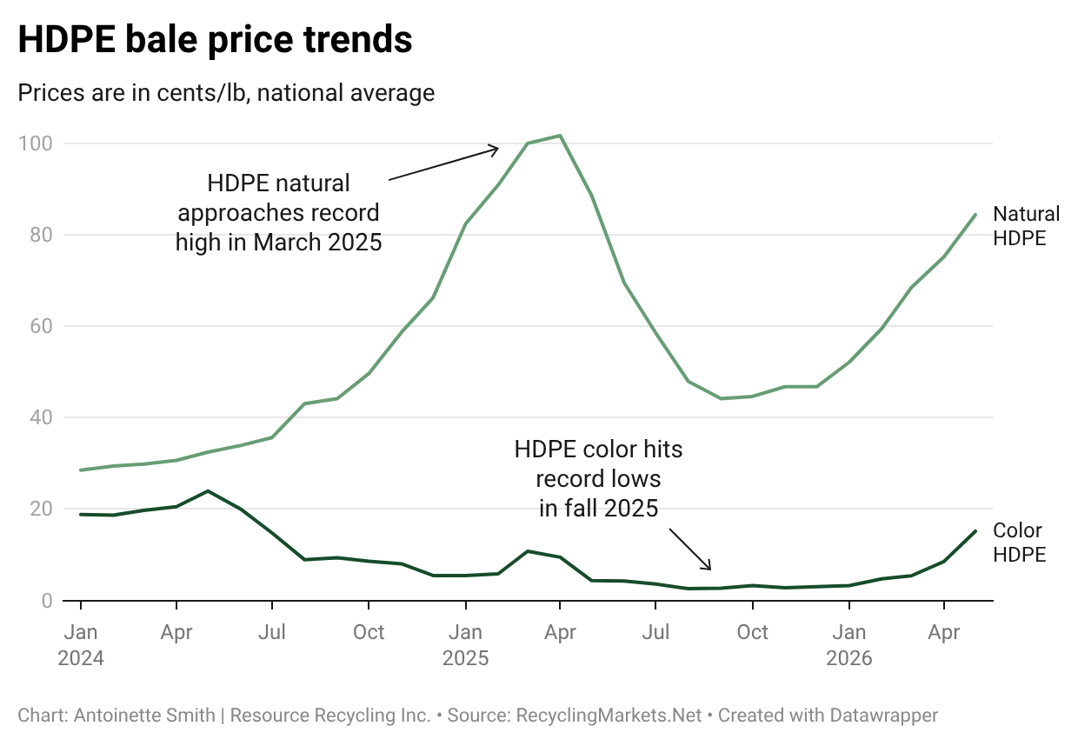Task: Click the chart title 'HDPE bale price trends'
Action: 215,39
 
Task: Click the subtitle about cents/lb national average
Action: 226,92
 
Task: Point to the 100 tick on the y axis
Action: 35,143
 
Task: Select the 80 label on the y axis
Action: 41,235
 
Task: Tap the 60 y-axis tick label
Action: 41,326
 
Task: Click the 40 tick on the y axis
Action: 41,417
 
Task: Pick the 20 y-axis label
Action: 41,509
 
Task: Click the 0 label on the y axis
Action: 47,601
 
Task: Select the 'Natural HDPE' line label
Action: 1026,226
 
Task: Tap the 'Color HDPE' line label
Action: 1019,543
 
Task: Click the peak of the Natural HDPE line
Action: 560,136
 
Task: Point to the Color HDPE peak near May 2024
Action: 208,491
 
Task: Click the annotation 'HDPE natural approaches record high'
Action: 279,213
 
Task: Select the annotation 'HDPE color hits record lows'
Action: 598,479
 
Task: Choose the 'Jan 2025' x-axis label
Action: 465,645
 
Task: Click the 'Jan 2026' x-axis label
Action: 848,645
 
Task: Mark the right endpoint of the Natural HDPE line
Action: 975,215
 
